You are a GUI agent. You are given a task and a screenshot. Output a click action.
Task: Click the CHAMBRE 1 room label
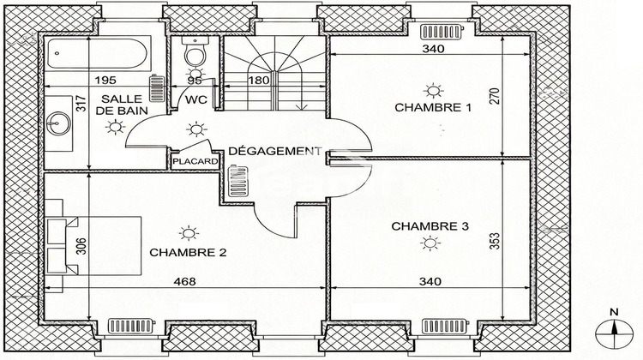(x=433, y=108)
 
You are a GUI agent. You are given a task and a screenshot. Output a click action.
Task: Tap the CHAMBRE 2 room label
(x=188, y=252)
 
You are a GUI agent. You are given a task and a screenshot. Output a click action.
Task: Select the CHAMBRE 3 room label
(x=430, y=226)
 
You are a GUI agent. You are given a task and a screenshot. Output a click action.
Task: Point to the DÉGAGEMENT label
(x=274, y=151)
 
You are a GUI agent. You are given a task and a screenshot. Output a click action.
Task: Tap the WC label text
(x=196, y=100)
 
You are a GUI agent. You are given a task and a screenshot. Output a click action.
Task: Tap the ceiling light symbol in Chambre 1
(x=433, y=88)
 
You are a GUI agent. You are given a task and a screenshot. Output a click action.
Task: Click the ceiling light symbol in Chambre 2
(x=187, y=232)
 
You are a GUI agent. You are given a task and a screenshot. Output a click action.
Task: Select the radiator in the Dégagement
(x=237, y=180)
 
